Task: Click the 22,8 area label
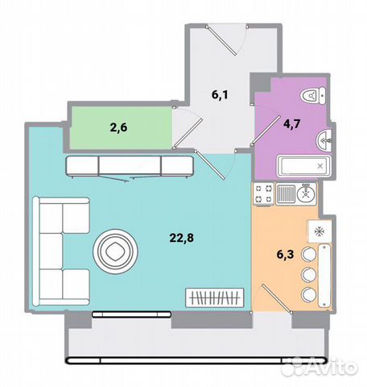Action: (181, 238)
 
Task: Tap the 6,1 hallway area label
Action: (220, 94)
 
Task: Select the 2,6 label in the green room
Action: (118, 127)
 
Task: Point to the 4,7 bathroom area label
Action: (292, 124)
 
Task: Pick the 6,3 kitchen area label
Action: (285, 255)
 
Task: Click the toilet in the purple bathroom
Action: (313, 95)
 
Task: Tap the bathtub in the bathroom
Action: (304, 166)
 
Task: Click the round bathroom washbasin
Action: (324, 140)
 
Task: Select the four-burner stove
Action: (263, 194)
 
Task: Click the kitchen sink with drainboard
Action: (296, 194)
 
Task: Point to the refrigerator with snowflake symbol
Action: (320, 231)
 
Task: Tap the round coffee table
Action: (115, 252)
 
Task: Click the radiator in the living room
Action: (215, 298)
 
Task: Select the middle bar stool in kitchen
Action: (308, 274)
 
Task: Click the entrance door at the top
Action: (227, 40)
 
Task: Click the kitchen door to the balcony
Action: (272, 299)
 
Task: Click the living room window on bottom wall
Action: (131, 314)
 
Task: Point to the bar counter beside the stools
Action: (324, 276)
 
